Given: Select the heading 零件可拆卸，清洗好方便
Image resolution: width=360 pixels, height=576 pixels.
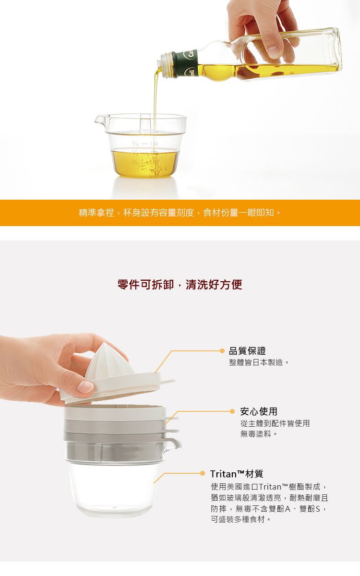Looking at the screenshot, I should point(180,285).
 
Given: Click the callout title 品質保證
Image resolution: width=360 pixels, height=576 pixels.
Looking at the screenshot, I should point(247,351).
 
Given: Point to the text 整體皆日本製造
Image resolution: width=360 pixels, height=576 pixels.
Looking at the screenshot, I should point(259,362).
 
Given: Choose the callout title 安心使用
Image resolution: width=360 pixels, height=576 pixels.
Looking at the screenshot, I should point(259,411).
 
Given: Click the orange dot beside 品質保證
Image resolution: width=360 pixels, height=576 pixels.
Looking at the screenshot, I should point(222,351).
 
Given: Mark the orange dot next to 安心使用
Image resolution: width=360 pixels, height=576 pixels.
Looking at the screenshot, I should point(233,411).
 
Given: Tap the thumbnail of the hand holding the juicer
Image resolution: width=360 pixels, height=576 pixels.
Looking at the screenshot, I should point(85,387).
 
